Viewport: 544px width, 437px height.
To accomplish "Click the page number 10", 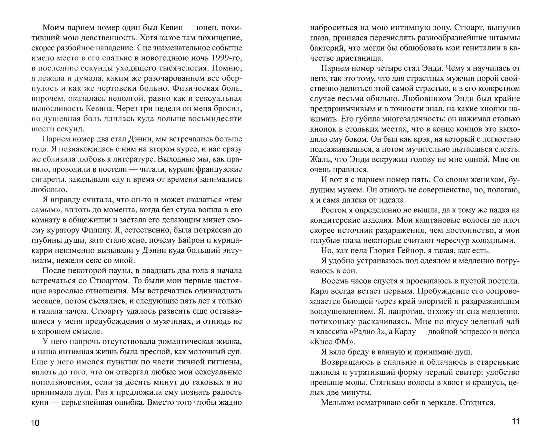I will click(x=35, y=423).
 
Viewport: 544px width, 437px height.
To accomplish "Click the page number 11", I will click(x=516, y=421).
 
